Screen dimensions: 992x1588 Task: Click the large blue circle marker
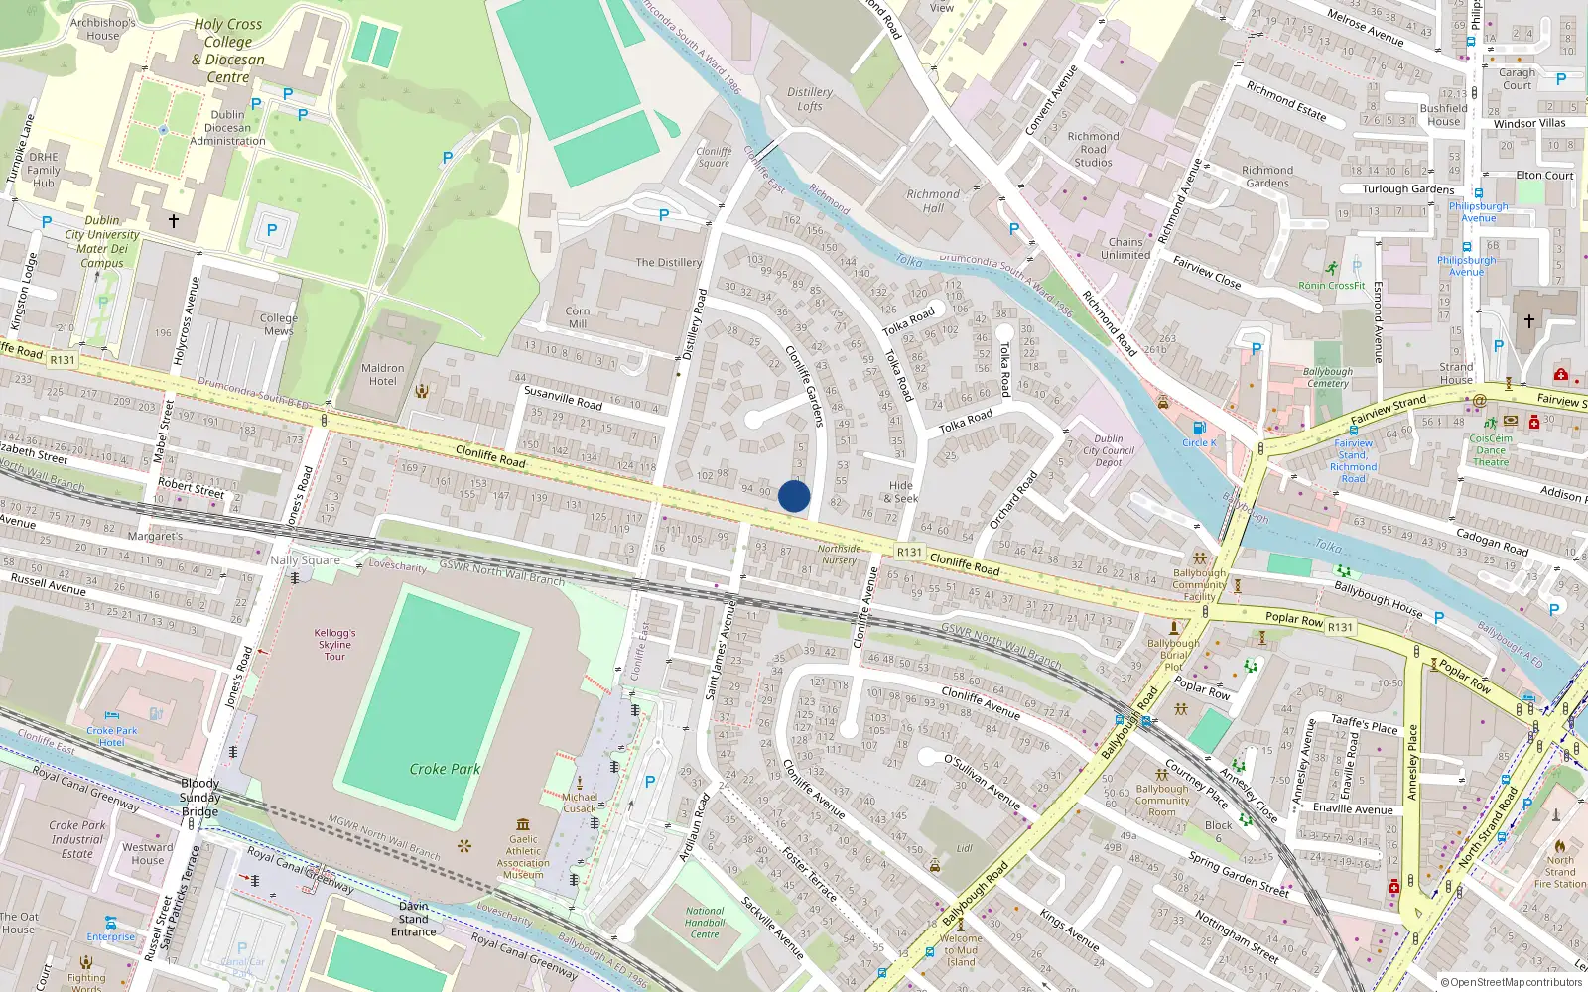(x=794, y=496)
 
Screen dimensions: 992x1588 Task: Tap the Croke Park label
(x=445, y=769)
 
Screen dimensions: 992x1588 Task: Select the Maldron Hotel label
(x=383, y=374)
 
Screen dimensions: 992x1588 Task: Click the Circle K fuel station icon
(x=1199, y=429)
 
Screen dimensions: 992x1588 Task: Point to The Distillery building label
(x=668, y=263)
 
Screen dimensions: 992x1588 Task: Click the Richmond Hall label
(x=933, y=201)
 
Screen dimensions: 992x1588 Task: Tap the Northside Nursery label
(x=839, y=555)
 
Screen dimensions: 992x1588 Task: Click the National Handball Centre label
(x=705, y=923)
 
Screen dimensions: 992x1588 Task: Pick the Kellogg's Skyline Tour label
(x=334, y=644)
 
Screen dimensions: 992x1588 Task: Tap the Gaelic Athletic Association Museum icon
(x=523, y=824)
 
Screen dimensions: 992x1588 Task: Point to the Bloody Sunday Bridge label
(x=200, y=797)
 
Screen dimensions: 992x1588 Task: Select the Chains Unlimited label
(x=1125, y=248)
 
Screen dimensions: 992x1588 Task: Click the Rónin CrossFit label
(x=1332, y=286)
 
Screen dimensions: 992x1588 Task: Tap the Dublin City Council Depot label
(x=1109, y=450)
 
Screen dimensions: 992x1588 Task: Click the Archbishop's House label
(x=103, y=29)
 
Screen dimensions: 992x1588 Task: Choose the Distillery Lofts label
(x=810, y=99)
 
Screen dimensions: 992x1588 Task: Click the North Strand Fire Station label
(x=1560, y=872)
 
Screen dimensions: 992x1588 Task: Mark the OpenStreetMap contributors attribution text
(x=1512, y=983)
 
